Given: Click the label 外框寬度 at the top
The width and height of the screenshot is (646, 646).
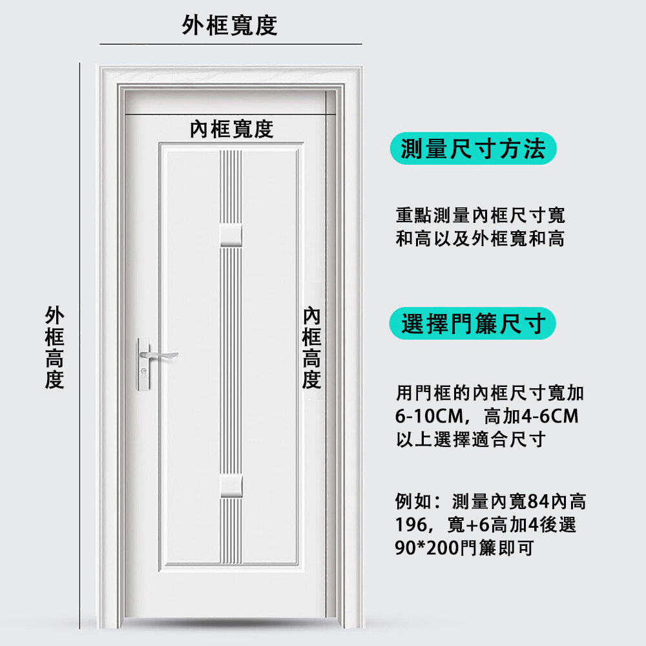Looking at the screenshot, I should (229, 26).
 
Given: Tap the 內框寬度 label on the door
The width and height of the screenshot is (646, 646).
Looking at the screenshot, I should (231, 129).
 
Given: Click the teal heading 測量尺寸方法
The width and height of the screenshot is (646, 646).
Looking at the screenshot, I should (473, 149).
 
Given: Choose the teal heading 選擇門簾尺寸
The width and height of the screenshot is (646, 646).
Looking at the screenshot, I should (473, 323).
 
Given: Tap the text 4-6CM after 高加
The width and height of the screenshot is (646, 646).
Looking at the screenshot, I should (549, 416).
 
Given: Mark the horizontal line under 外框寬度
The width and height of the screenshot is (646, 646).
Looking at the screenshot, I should (231, 44).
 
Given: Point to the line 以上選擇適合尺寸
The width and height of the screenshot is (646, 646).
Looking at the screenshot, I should (470, 440).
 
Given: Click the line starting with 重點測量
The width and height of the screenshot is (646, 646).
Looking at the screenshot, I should (480, 215).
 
